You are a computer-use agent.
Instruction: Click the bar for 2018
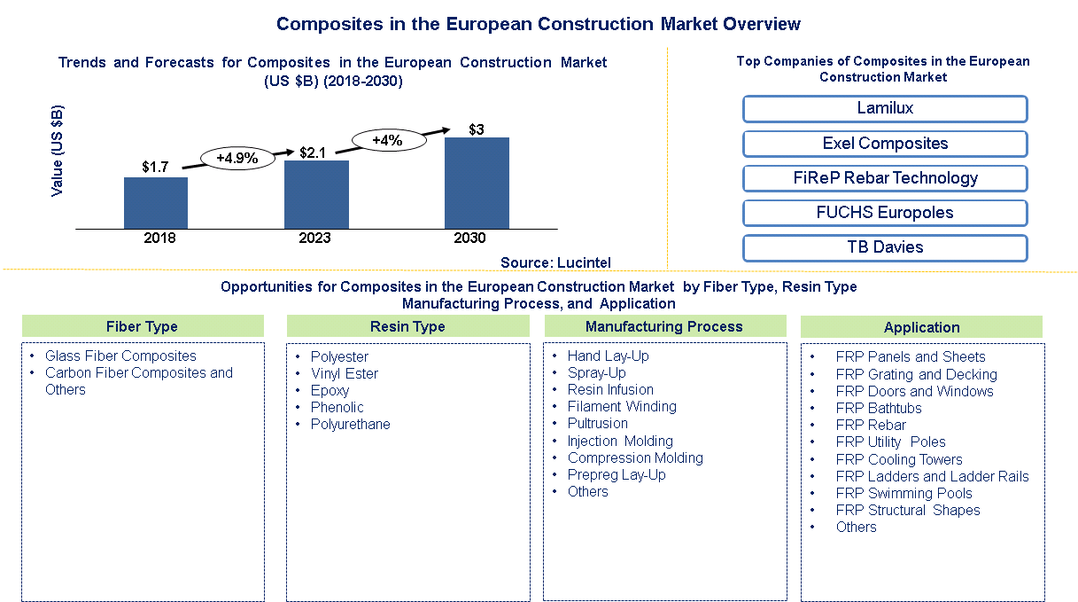tap(156, 203)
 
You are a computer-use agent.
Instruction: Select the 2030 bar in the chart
tap(477, 183)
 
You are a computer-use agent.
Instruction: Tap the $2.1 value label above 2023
tap(313, 152)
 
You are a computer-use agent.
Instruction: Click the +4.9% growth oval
tap(237, 159)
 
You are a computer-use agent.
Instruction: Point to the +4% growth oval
tap(387, 140)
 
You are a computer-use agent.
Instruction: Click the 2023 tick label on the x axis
tap(314, 238)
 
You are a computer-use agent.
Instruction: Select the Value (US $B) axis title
tap(58, 151)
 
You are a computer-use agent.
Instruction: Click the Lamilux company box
tap(884, 109)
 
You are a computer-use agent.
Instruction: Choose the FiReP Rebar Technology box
tap(884, 178)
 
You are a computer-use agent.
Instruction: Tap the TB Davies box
tap(884, 247)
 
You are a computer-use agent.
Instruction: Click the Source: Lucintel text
tap(555, 262)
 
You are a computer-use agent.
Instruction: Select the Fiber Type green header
tap(143, 326)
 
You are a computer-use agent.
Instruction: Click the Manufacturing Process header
tap(663, 326)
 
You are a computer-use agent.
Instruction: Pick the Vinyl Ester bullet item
tap(344, 373)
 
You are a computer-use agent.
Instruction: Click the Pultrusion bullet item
tap(598, 424)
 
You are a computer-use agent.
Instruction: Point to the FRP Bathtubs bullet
tap(878, 409)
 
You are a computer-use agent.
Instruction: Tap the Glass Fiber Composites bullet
tap(120, 356)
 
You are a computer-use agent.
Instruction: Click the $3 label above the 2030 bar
tap(477, 129)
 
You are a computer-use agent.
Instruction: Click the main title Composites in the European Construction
tap(539, 24)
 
